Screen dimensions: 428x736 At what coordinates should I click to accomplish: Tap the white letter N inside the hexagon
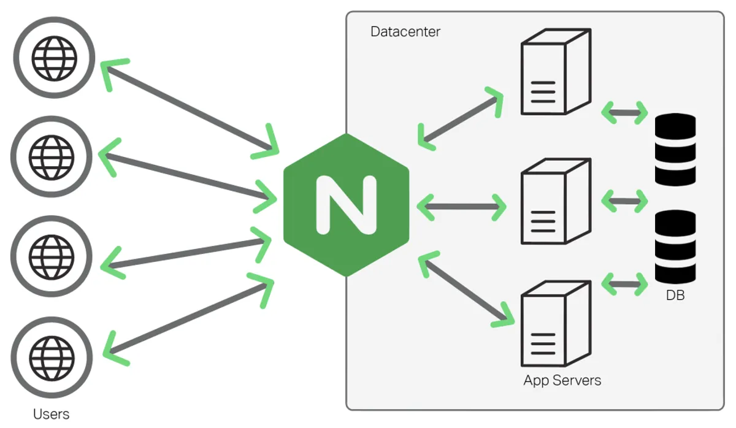click(x=346, y=205)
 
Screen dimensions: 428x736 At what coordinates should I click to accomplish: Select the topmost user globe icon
click(x=55, y=58)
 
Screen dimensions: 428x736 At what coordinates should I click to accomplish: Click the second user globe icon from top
click(x=52, y=156)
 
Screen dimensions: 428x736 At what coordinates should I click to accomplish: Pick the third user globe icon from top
click(x=52, y=255)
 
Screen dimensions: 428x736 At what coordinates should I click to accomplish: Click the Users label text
click(x=52, y=414)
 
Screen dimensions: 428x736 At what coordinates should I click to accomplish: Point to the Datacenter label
click(x=405, y=32)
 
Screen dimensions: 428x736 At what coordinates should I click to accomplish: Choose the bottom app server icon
click(x=555, y=324)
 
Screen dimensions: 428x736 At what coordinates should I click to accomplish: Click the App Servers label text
click(x=562, y=380)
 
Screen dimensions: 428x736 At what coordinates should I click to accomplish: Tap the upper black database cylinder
click(x=675, y=150)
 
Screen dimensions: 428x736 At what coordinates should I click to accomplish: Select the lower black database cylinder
click(x=675, y=246)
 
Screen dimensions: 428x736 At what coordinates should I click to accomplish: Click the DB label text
click(x=675, y=296)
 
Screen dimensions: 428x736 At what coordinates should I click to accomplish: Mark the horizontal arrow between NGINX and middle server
click(x=461, y=207)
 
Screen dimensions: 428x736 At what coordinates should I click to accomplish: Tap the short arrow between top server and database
click(x=624, y=112)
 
